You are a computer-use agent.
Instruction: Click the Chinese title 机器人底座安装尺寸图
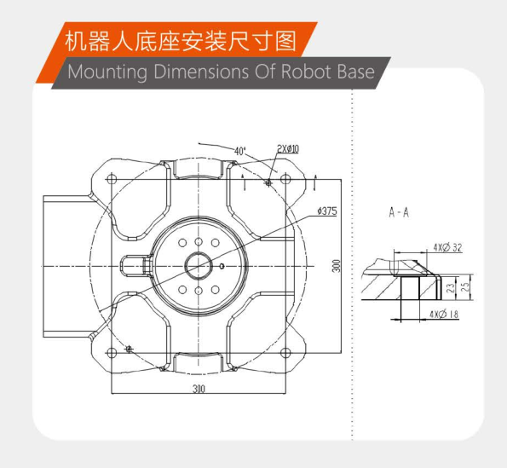click(180, 42)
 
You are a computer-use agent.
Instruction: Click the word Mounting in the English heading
click(107, 72)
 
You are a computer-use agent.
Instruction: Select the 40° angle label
click(240, 151)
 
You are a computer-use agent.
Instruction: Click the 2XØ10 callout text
click(288, 149)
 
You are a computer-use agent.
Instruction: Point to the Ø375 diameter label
click(327, 211)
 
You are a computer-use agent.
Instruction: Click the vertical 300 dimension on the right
click(337, 266)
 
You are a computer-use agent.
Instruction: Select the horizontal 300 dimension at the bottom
click(199, 389)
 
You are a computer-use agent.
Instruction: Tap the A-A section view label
click(399, 212)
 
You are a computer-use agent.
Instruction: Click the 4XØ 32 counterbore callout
click(448, 247)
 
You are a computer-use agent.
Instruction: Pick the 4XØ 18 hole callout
click(444, 314)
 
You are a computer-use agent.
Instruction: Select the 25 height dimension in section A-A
click(465, 287)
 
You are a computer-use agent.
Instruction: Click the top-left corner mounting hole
click(112, 179)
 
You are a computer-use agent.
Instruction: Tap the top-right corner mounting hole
click(285, 179)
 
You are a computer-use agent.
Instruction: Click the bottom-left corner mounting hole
click(112, 353)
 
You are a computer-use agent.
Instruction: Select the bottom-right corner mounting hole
click(285, 353)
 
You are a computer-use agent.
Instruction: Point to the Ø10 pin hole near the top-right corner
click(268, 183)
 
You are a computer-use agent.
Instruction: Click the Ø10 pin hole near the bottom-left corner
click(129, 349)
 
